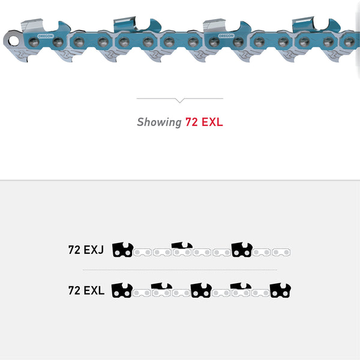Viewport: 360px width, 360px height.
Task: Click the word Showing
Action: tap(158, 122)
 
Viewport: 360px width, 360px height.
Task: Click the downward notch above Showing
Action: tap(179, 100)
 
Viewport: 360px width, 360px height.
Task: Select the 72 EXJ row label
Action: tap(86, 250)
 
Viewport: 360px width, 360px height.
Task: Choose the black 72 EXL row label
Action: tap(86, 290)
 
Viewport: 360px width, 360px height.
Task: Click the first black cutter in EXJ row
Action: tap(122, 250)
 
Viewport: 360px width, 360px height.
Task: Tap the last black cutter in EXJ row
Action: tap(242, 250)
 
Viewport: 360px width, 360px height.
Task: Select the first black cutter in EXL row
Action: tap(122, 290)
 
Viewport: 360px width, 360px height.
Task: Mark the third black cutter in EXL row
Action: tap(201, 290)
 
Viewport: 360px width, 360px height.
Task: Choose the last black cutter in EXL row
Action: tap(280, 290)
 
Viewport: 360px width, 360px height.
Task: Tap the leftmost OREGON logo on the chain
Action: tap(45, 36)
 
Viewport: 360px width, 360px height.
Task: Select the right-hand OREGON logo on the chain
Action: tap(227, 36)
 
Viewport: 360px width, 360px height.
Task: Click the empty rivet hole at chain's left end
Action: tap(10, 41)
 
